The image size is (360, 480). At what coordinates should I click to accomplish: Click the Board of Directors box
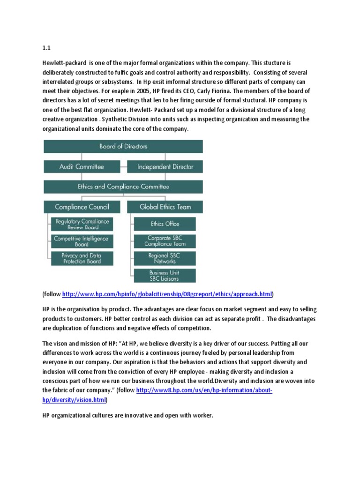coord(123,146)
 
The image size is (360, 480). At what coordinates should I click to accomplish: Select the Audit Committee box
coord(82,166)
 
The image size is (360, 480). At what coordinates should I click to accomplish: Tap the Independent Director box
coord(165,166)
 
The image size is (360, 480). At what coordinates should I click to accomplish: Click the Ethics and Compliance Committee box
coord(123,187)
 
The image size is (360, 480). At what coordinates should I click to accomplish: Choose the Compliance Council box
coord(82,207)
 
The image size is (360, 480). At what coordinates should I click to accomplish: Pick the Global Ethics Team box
coord(165,207)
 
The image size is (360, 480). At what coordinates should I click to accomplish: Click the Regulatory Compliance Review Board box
coord(82,224)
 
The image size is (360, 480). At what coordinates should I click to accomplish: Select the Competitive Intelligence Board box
coord(82,241)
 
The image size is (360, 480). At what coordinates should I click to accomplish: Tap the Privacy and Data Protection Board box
coord(82,258)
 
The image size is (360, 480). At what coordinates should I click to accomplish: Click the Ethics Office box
coord(165,224)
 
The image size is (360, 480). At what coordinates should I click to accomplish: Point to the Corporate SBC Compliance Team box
coord(165,241)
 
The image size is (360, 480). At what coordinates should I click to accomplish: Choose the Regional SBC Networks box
coord(165,258)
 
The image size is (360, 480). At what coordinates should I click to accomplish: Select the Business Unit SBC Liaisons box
coord(165,276)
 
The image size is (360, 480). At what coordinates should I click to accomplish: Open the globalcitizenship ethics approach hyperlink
coord(167,294)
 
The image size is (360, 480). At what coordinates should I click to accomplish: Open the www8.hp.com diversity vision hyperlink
coord(204,390)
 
